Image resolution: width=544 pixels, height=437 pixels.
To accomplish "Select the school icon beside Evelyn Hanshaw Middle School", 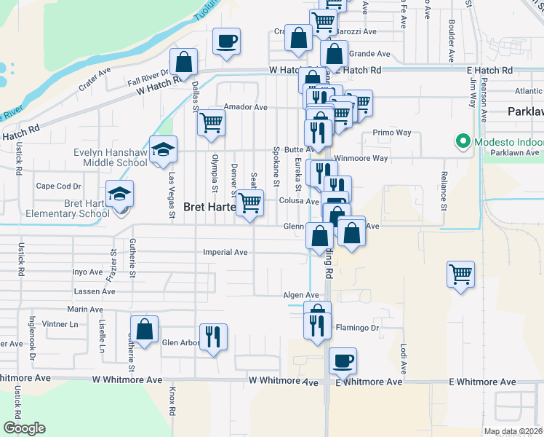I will pyautogui.click(x=164, y=150).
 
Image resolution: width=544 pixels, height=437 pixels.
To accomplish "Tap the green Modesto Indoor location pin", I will pyautogui.click(x=461, y=141).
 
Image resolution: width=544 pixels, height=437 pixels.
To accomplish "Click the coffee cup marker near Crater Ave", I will pyautogui.click(x=226, y=41).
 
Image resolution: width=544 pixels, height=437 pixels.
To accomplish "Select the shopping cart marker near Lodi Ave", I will pyautogui.click(x=461, y=275).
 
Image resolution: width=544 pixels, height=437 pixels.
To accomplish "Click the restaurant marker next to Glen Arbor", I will pyautogui.click(x=212, y=337).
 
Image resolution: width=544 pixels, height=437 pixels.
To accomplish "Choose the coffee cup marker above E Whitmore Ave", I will pyautogui.click(x=343, y=361).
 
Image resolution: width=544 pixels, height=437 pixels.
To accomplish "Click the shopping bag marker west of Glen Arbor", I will pyautogui.click(x=145, y=328).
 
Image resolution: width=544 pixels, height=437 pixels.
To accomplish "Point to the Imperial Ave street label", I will pyautogui.click(x=225, y=253).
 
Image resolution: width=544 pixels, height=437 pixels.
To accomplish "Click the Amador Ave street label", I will pyautogui.click(x=245, y=107).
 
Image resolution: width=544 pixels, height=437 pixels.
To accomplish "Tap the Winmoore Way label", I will pyautogui.click(x=361, y=158).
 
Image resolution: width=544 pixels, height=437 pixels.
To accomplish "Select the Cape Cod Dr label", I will pyautogui.click(x=58, y=186).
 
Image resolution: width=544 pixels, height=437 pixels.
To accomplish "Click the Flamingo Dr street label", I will pyautogui.click(x=358, y=328).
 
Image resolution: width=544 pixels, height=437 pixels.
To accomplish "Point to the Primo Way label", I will pyautogui.click(x=392, y=133).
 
